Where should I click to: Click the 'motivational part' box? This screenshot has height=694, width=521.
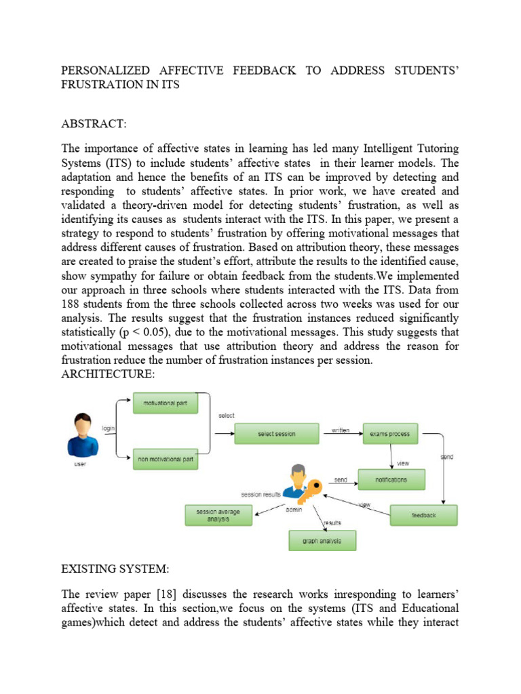coord(165,404)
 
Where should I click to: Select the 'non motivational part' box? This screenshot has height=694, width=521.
coord(165,460)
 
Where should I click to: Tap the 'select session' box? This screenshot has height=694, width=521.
coord(276,434)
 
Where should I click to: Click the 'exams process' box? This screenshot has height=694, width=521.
coord(391,434)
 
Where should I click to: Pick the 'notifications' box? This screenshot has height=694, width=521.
coord(391,480)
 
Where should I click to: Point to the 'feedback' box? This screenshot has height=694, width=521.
coord(423,515)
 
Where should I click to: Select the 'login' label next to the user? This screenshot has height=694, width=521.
coord(109,428)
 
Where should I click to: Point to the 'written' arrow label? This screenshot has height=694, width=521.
coord(341,430)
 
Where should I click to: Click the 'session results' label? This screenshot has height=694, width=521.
coord(261,494)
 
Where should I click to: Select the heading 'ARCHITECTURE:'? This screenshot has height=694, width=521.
coord(108,375)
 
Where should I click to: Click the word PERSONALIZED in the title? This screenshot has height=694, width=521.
coord(111,71)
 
